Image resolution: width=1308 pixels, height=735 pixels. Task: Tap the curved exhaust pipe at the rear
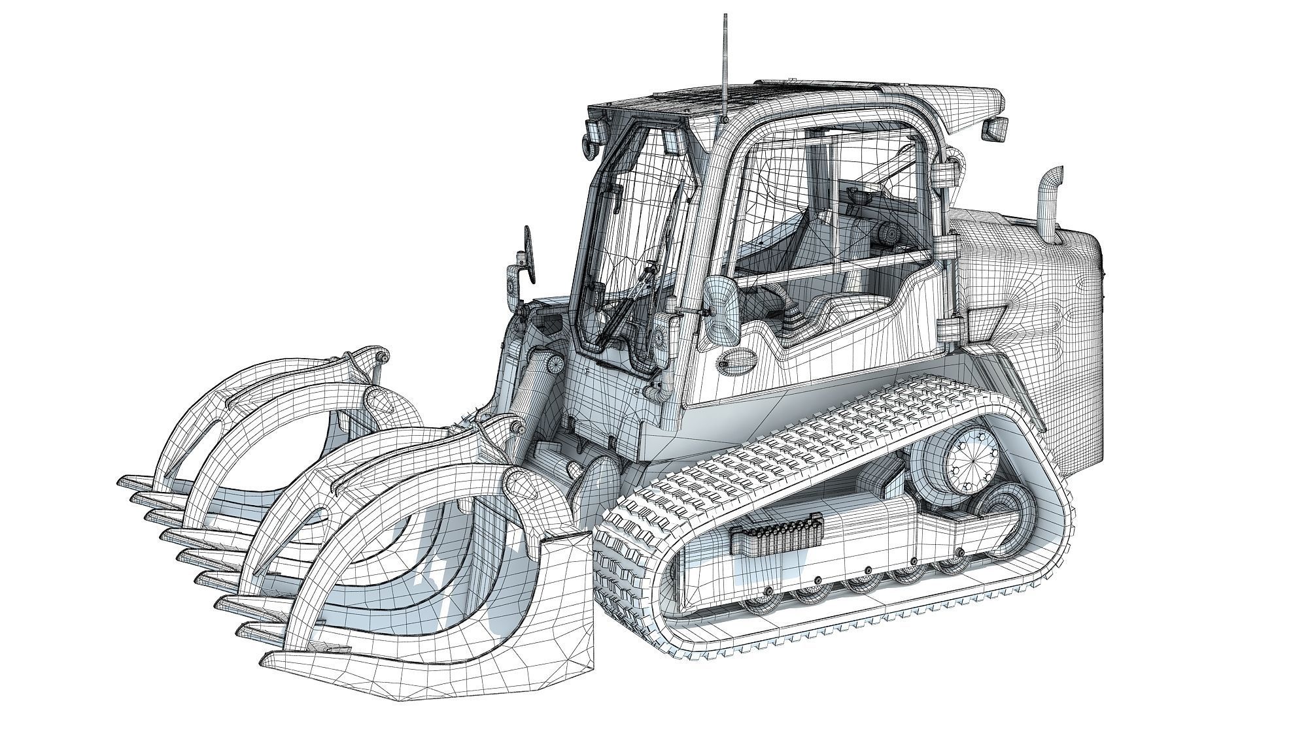(1050, 203)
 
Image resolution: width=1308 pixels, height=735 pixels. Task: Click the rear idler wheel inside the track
(1001, 519)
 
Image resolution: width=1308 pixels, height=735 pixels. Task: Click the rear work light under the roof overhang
(996, 129)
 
